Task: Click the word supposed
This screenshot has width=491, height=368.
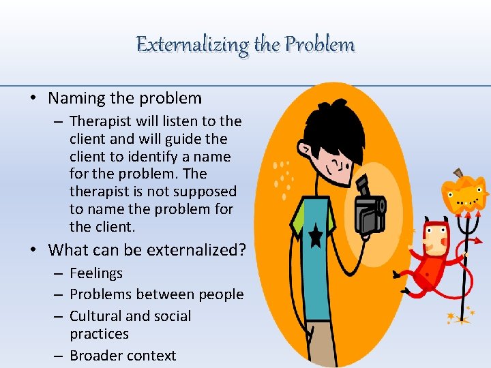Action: [203, 192]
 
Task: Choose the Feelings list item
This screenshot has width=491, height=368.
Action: [96, 273]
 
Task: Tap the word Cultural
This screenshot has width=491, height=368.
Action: [95, 316]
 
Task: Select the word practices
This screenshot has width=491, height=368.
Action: [99, 334]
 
